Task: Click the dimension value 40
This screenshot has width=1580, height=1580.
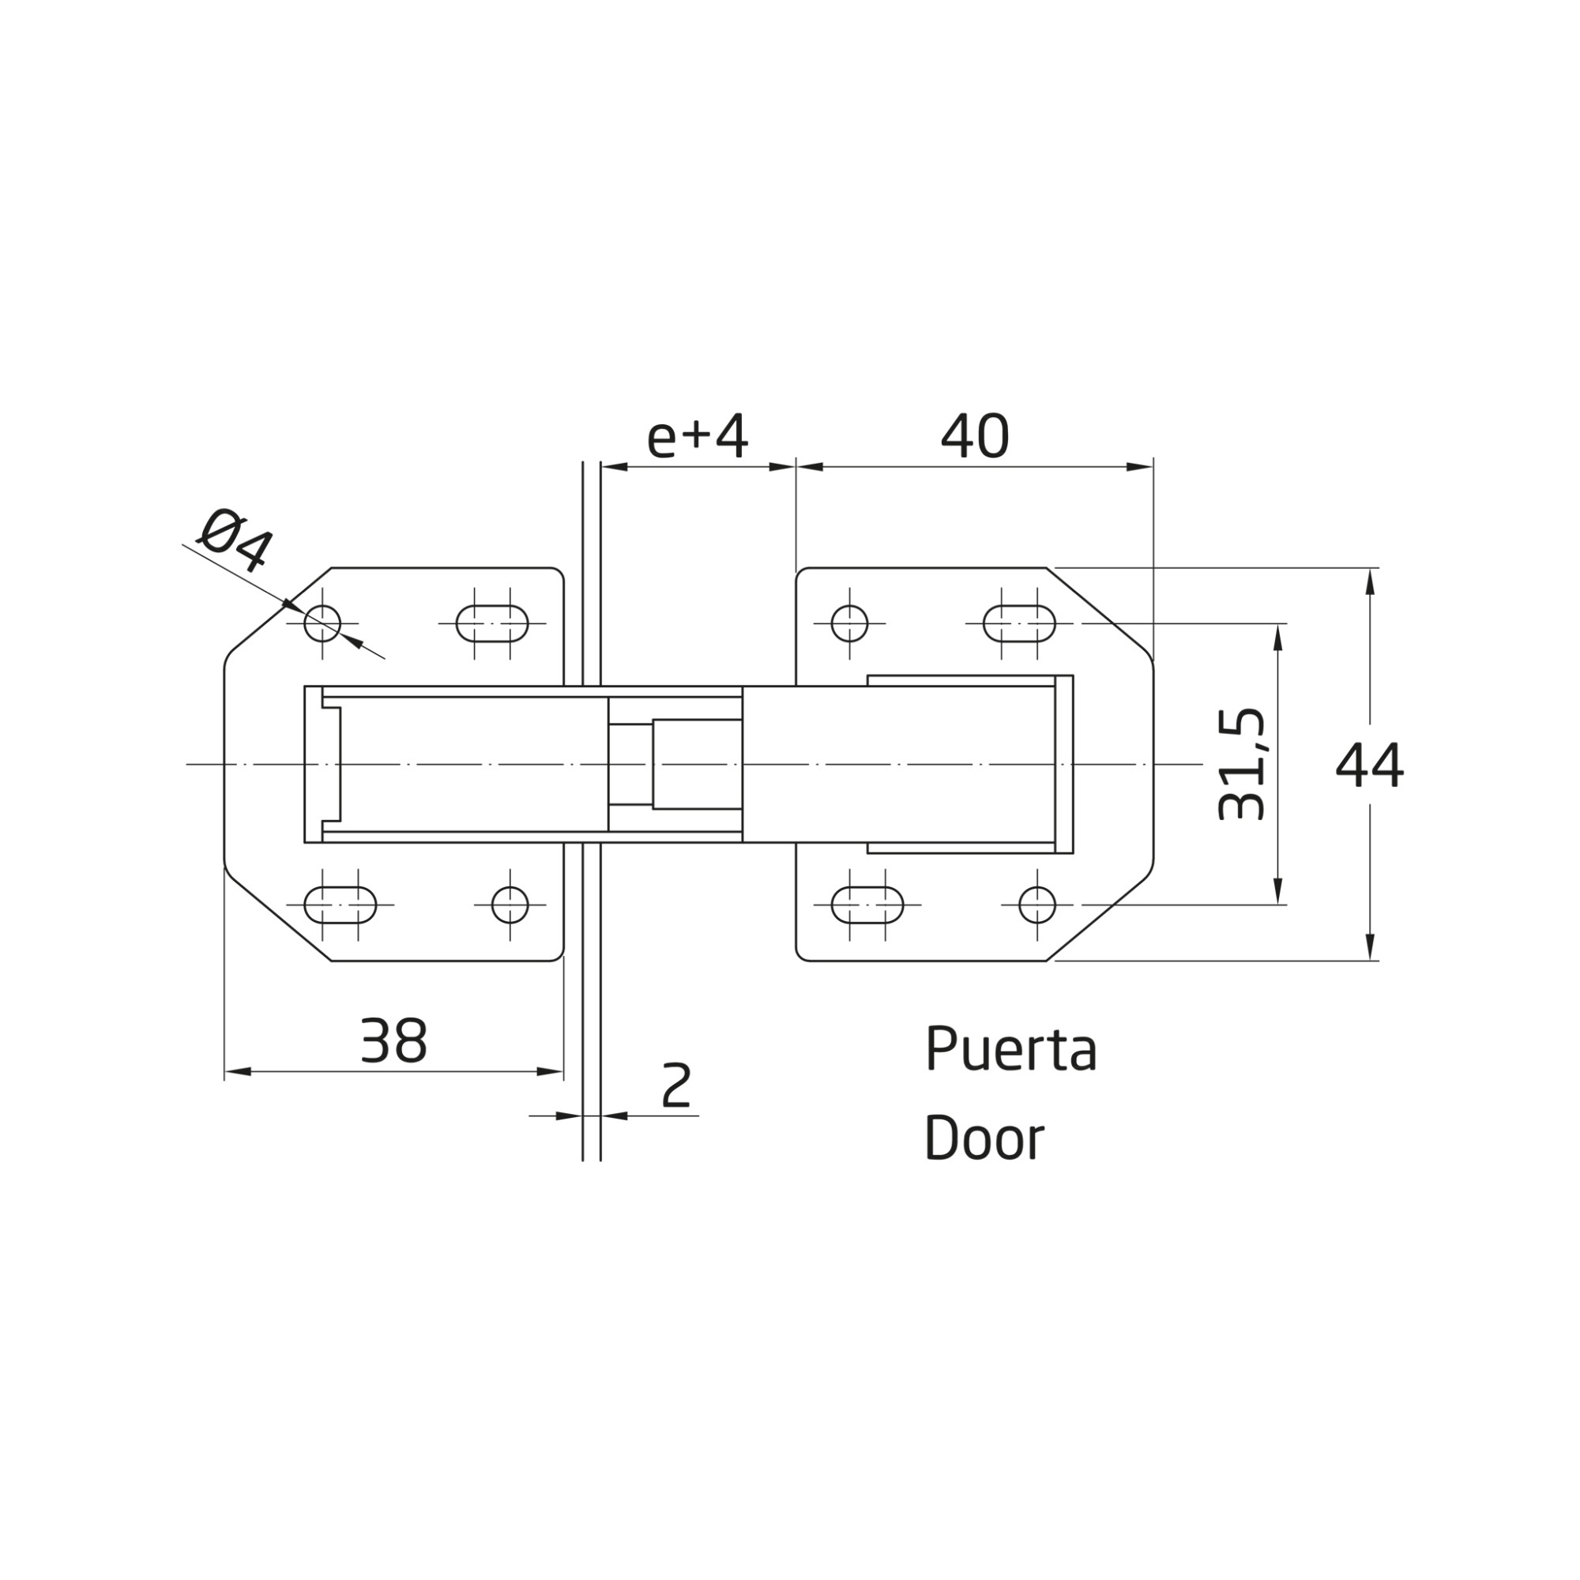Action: [x=975, y=437]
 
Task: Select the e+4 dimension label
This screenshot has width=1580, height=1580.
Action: [x=697, y=438]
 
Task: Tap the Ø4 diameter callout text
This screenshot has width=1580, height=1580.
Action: [x=235, y=539]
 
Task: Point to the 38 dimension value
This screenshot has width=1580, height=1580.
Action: [x=393, y=1041]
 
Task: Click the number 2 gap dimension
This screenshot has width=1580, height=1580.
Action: [x=676, y=1085]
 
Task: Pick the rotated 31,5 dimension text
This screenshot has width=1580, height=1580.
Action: [x=1241, y=764]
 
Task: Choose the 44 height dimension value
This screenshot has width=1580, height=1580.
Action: [x=1369, y=766]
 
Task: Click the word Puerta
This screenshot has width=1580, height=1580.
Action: [x=1011, y=1048]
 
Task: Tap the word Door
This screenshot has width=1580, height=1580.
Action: [x=984, y=1138]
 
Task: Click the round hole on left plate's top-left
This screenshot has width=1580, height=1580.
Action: [x=322, y=624]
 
